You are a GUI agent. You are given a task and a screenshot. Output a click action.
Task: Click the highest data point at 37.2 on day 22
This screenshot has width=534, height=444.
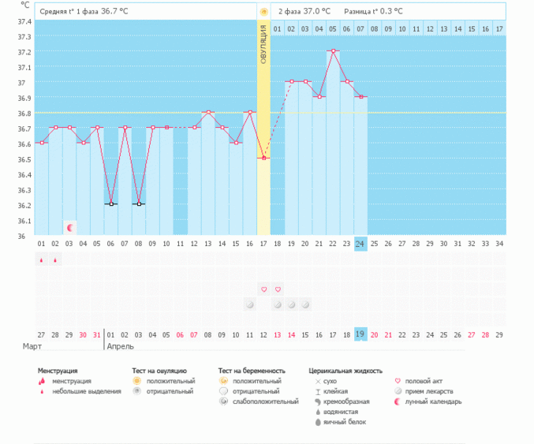(x=333, y=50)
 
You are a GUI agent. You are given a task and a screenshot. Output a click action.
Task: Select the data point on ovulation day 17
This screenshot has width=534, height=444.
(x=263, y=158)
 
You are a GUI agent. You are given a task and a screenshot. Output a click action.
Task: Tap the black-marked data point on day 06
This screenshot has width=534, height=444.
(x=111, y=204)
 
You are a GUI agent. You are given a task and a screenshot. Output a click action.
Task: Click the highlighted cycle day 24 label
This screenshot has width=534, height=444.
(x=360, y=244)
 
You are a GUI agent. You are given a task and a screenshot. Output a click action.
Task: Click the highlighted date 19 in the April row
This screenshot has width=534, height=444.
(x=360, y=334)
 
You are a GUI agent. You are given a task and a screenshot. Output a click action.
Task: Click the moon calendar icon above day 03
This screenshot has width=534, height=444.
(x=69, y=227)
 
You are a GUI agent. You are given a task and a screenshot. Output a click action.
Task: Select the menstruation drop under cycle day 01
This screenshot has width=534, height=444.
(x=42, y=260)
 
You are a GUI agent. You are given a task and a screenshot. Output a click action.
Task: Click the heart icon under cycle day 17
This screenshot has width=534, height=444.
(x=263, y=289)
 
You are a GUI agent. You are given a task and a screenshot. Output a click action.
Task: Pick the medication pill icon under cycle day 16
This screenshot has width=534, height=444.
(x=250, y=304)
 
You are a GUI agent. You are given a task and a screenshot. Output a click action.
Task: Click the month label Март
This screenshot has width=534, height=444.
(x=32, y=346)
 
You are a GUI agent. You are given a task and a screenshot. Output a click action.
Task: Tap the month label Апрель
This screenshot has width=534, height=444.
(x=120, y=346)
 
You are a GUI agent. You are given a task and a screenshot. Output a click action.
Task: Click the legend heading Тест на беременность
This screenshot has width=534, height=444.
(x=252, y=370)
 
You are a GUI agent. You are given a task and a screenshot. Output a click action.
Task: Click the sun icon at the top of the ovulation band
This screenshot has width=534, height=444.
(x=263, y=12)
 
